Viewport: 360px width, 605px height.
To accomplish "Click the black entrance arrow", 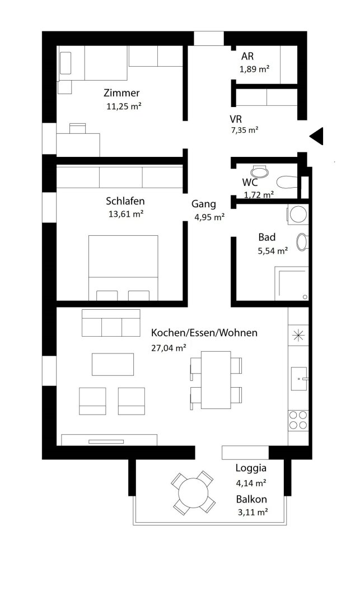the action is point(317,136).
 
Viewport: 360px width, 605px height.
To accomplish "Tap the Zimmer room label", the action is point(121,93).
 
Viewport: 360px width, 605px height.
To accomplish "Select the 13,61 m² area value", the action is point(126,214).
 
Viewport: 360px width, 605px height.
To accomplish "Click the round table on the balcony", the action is point(193,493).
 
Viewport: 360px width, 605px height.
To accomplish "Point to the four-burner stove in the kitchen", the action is point(298,420).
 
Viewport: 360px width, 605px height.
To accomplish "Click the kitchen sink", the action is point(299,379).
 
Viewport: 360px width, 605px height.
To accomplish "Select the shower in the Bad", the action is point(291,283).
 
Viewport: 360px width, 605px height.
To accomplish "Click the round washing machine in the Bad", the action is point(298,214).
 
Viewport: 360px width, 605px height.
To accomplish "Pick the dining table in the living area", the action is point(216,380).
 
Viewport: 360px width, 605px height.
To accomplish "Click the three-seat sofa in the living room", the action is point(111,323).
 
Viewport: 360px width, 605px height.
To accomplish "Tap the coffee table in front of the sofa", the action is point(113,364).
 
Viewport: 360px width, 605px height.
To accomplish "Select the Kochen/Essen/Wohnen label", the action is point(204,333).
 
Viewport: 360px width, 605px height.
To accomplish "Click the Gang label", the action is point(204,204).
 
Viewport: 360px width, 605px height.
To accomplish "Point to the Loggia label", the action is point(251,468).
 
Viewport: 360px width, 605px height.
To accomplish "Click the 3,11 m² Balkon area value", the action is point(253,513).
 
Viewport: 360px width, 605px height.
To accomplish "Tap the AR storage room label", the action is point(247,57).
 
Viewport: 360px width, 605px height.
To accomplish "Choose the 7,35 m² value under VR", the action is point(244,131).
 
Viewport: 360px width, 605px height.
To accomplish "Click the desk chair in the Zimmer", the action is point(77,128).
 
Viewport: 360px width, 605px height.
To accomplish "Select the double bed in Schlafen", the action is point(123,268).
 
